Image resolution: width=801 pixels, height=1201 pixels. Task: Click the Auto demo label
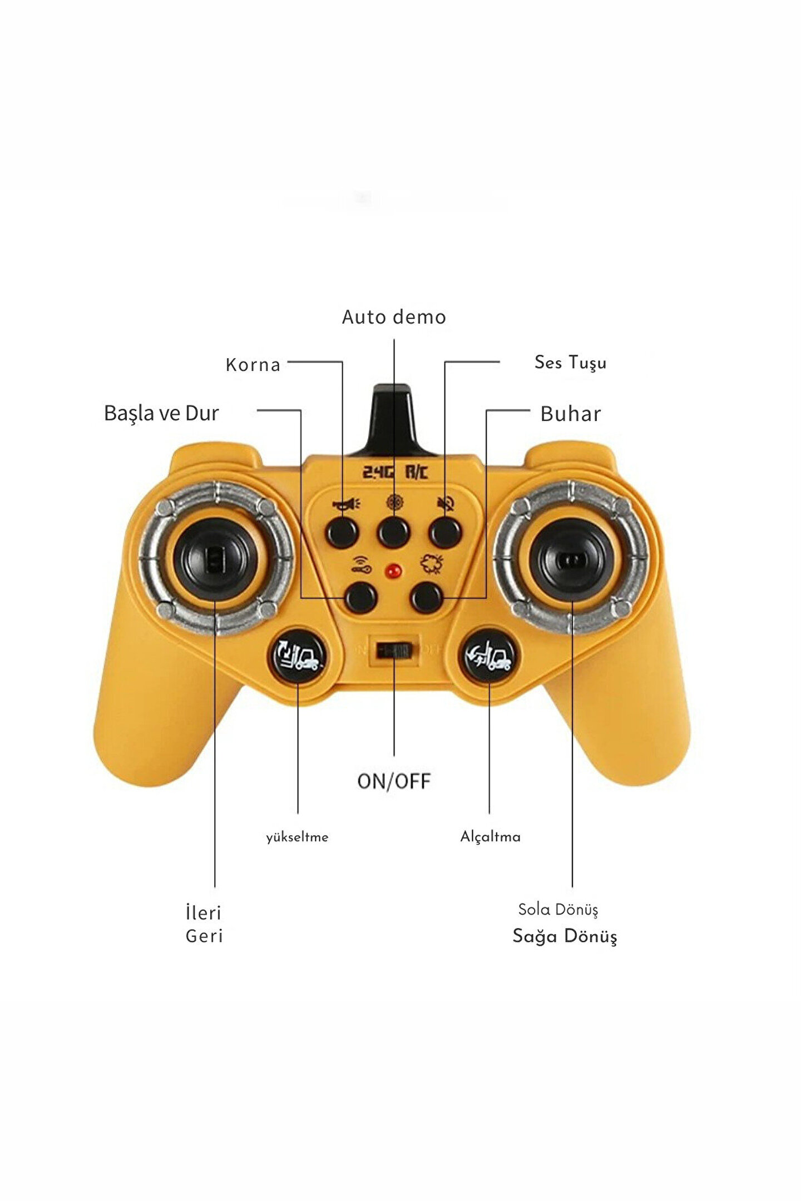click(x=394, y=317)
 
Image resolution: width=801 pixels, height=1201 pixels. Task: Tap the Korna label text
click(x=253, y=365)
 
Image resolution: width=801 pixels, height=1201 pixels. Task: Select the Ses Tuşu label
click(x=570, y=363)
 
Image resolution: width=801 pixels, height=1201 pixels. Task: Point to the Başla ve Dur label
click(x=161, y=413)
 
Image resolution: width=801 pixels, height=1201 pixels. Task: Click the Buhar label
click(x=571, y=414)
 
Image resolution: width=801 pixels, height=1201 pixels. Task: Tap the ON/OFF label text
click(x=394, y=781)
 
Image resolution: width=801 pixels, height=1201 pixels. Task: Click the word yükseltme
click(x=297, y=837)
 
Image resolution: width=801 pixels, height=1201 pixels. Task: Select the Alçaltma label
click(x=490, y=837)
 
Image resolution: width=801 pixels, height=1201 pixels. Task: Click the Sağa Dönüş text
click(x=565, y=936)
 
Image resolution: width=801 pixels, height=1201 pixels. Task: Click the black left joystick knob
click(x=216, y=558)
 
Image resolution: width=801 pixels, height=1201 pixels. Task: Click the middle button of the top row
click(x=394, y=532)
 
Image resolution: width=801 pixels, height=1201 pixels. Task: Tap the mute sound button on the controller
click(x=446, y=532)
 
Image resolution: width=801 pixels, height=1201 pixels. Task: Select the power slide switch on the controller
click(x=394, y=650)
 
